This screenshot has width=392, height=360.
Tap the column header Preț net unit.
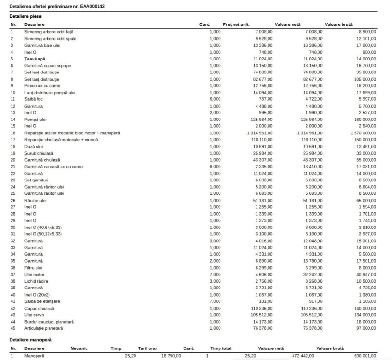click(x=236, y=24)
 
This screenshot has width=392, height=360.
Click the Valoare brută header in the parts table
click(x=339, y=24)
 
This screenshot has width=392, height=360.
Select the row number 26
click(x=13, y=200)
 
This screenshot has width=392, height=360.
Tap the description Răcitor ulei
click(x=36, y=200)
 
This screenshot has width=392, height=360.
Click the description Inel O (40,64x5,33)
click(x=44, y=227)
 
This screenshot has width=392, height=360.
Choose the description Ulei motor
click(x=35, y=274)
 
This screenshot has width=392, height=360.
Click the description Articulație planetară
click(x=44, y=328)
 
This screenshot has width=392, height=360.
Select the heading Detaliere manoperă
click(x=31, y=340)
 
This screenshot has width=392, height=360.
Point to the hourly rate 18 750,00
click(x=171, y=356)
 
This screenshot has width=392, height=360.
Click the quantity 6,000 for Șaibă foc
click(x=215, y=99)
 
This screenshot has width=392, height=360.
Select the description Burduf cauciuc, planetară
click(x=49, y=322)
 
